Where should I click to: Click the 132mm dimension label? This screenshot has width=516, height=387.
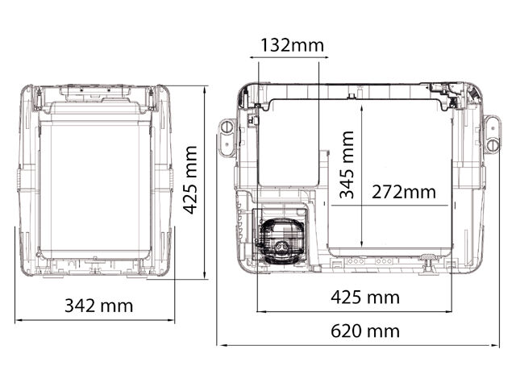292,45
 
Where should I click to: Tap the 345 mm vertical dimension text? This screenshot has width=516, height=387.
347,164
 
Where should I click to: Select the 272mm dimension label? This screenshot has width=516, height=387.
404,192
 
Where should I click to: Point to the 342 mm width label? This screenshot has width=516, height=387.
98,306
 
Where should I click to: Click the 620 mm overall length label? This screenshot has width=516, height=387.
365,331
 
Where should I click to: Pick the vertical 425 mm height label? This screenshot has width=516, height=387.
190,180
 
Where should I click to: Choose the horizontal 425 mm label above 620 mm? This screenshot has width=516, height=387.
365,298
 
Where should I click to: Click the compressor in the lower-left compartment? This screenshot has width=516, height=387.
281,240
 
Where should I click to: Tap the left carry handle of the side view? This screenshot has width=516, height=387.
227,138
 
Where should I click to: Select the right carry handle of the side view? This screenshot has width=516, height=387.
492,135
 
